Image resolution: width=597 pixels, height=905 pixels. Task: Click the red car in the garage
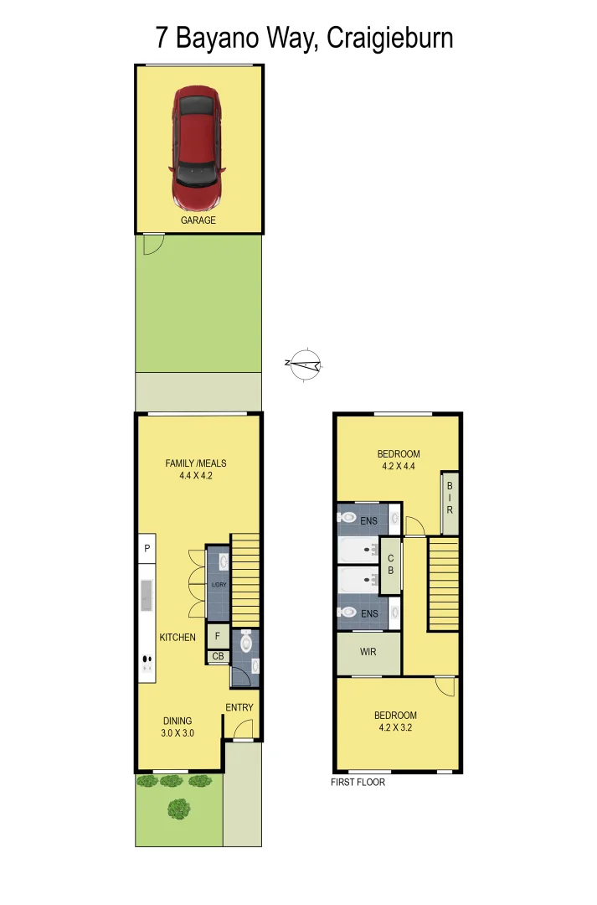198,148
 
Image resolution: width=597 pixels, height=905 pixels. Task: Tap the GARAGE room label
198,220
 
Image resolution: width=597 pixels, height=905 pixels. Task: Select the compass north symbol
306,364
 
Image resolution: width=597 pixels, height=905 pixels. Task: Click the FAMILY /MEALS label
196,463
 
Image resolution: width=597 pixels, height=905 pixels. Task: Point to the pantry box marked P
147,548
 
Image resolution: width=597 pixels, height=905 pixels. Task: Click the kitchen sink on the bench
147,594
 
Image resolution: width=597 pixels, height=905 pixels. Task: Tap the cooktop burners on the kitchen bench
147,659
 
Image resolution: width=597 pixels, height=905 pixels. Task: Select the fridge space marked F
218,636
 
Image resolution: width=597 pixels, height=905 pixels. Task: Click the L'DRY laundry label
219,584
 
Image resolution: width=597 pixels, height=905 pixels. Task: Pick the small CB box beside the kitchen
218,656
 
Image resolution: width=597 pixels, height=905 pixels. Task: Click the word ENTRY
239,707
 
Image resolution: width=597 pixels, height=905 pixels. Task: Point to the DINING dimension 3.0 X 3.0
178,733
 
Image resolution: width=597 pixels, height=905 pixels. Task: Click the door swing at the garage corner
152,244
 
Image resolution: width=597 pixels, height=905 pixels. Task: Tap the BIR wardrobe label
450,498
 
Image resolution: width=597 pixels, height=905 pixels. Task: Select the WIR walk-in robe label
368,651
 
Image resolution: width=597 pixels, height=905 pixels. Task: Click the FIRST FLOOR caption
358,782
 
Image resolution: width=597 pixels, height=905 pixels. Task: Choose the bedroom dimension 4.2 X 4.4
398,467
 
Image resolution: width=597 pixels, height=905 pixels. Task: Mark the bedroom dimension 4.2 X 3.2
395,727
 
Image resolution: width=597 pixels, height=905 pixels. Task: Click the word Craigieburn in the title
390,38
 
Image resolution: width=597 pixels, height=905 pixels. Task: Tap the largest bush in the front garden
178,809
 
